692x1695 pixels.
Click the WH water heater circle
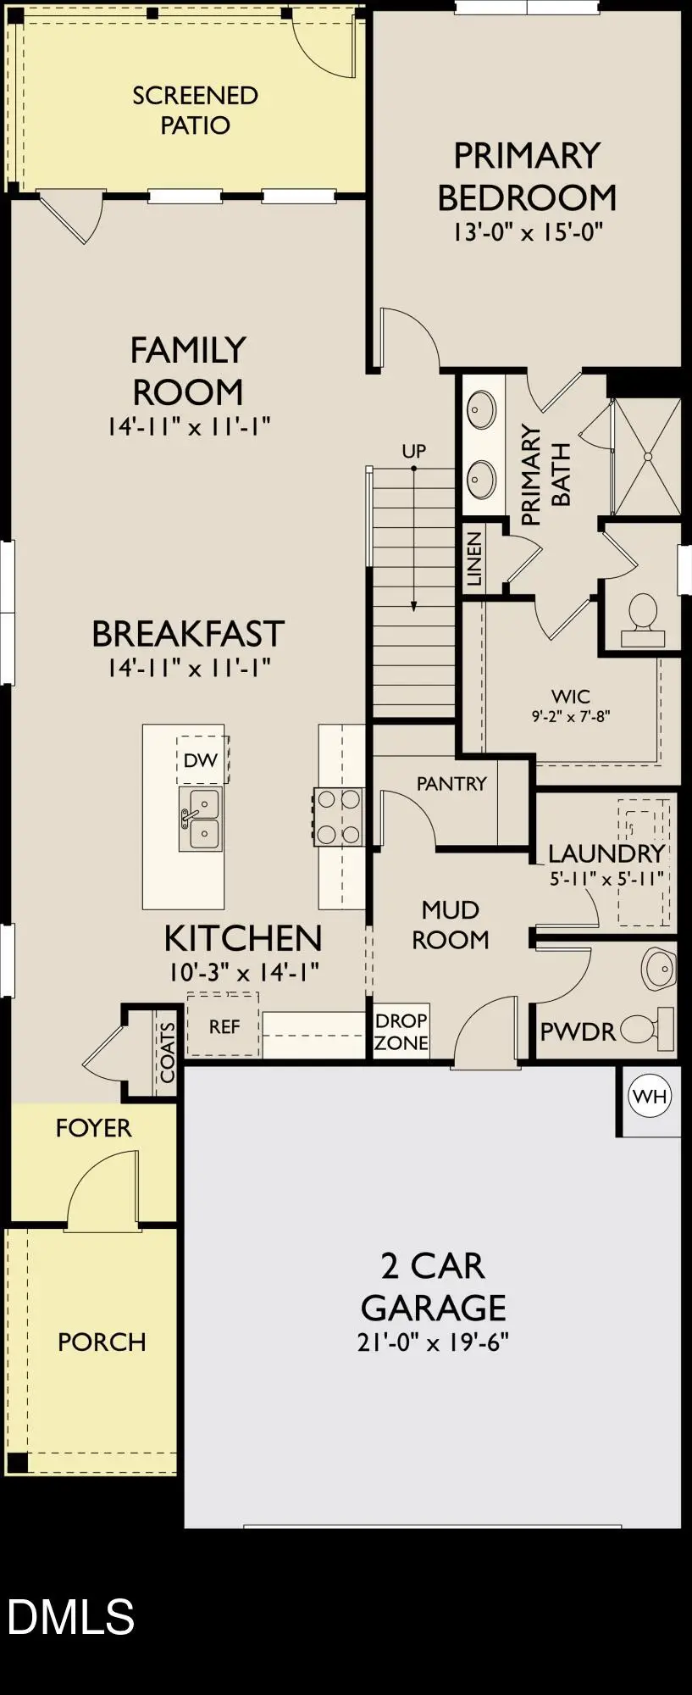tap(650, 1096)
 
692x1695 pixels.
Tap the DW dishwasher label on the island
tap(201, 760)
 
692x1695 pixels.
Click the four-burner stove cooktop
tap(339, 817)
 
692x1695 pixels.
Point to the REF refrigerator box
tap(224, 1026)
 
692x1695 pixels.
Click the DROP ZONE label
tap(401, 1031)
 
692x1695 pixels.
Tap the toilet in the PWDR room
tap(647, 1030)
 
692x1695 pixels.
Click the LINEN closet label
tap(474, 559)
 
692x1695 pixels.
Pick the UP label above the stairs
tap(413, 451)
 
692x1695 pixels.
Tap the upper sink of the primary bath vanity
tap(482, 411)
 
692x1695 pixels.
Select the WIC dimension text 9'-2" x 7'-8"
tap(571, 716)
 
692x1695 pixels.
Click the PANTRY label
tap(451, 783)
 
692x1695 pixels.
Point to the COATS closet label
tap(167, 1052)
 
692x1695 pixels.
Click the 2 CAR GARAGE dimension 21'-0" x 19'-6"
tap(433, 1343)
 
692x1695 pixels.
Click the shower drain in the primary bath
tap(649, 456)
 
